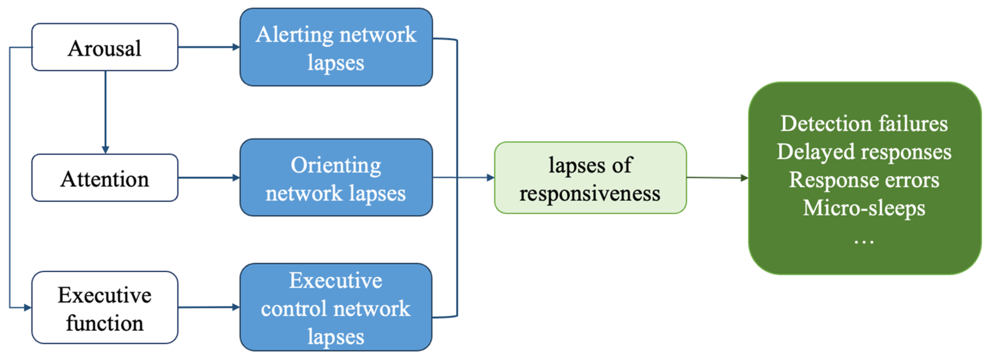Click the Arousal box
point(104,47)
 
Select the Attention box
point(104,178)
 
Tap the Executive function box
point(104,308)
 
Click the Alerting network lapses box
point(336,47)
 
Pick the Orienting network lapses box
point(336,178)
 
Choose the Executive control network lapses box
point(336,308)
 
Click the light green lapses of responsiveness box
point(590,178)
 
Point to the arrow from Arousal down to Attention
point(105,111)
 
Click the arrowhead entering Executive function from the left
point(27,308)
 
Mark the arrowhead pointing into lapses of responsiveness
point(490,178)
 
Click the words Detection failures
point(864,124)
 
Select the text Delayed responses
point(864,152)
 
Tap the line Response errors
point(864,180)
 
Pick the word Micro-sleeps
point(864,208)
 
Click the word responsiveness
point(590,193)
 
